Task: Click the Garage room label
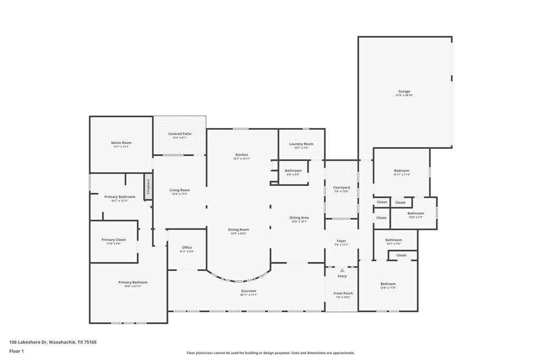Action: point(404,92)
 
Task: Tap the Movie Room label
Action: point(121,143)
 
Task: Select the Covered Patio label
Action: point(180,134)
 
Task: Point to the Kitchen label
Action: point(241,155)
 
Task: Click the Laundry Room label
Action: point(301,144)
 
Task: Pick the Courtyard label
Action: point(341,188)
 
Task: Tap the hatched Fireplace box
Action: point(148,187)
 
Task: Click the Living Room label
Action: point(180,191)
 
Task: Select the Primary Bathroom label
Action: point(120,197)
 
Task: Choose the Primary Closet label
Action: point(114,240)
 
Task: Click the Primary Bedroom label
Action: point(133,283)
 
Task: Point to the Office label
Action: point(187,248)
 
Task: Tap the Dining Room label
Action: point(238,230)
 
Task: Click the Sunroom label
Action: point(248,291)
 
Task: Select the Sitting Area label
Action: point(299,218)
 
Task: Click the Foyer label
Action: point(341,241)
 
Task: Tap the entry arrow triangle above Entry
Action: point(342,270)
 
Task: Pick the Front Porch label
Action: point(343,293)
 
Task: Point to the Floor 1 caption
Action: point(16,351)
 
